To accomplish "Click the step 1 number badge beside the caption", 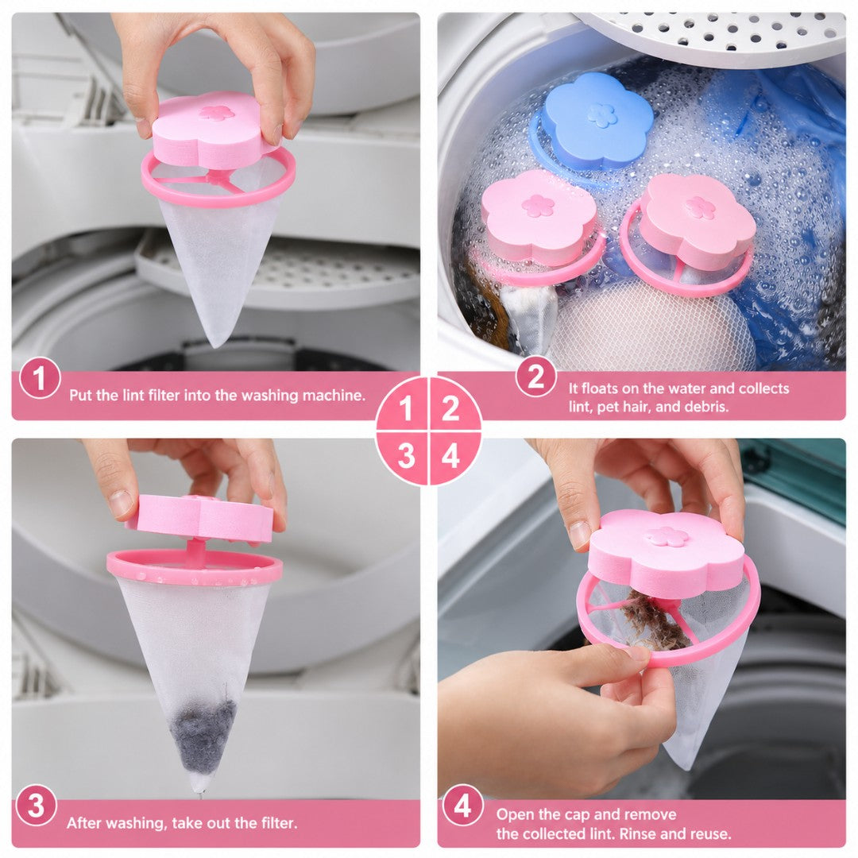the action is click(40, 377).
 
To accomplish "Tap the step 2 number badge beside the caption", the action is click(535, 377).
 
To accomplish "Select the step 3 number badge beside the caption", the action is click(36, 806).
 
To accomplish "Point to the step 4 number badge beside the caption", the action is click(463, 806).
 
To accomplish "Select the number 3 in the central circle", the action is click(405, 456).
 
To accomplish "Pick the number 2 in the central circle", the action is click(450, 408).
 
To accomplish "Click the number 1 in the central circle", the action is click(405, 408).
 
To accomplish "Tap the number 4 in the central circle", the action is click(450, 456).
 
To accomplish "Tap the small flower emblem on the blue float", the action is click(602, 115).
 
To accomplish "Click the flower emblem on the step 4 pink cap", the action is click(666, 537).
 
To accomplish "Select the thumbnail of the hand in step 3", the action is click(121, 502).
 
